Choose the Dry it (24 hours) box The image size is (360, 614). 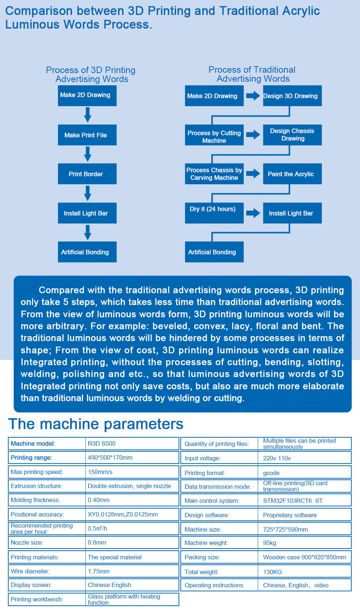click(214, 213)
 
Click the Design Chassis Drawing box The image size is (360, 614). click(292, 135)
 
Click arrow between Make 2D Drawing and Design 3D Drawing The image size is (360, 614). click(253, 96)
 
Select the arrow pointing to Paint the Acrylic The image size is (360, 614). click(253, 173)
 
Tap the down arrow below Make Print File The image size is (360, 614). click(87, 154)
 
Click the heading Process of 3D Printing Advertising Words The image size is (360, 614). click(91, 75)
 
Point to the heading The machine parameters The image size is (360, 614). click(96, 424)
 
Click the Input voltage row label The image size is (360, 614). click(203, 458)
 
